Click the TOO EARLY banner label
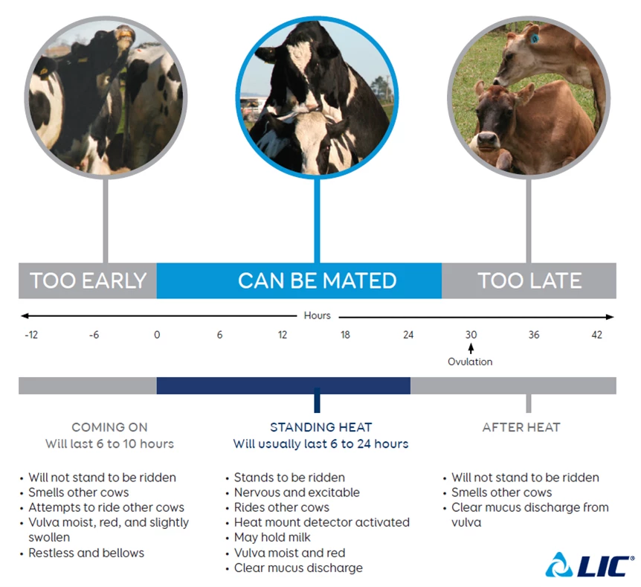tap(88, 280)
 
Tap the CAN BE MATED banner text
tap(318, 280)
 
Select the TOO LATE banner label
tap(529, 280)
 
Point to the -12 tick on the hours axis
tap(31, 335)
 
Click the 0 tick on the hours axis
tap(157, 335)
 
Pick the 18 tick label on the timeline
tap(346, 335)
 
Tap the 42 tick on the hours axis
tap(597, 335)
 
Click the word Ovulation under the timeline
tap(470, 362)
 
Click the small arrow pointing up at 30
tap(471, 348)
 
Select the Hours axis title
tap(318, 315)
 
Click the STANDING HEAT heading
tap(321, 428)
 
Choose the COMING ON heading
tap(109, 428)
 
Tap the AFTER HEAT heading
tap(521, 428)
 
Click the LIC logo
tap(590, 565)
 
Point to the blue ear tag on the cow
tap(535, 39)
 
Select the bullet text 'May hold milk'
tap(272, 537)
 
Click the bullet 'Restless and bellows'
tap(86, 553)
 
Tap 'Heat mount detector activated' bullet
tap(322, 522)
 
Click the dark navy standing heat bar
tap(283, 385)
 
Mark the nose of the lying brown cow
tap(486, 139)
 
